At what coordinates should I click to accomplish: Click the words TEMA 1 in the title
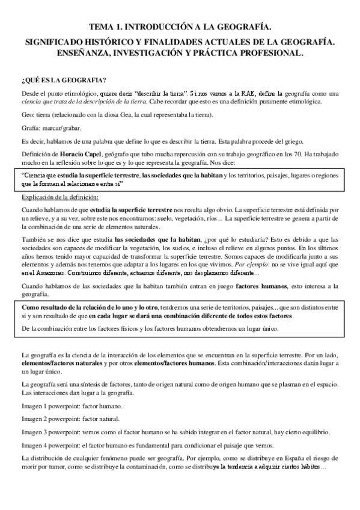pyautogui.click(x=104, y=27)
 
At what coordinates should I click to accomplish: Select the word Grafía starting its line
pyautogui.click(x=30, y=127)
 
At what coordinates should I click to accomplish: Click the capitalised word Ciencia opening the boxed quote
pyautogui.click(x=37, y=176)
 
